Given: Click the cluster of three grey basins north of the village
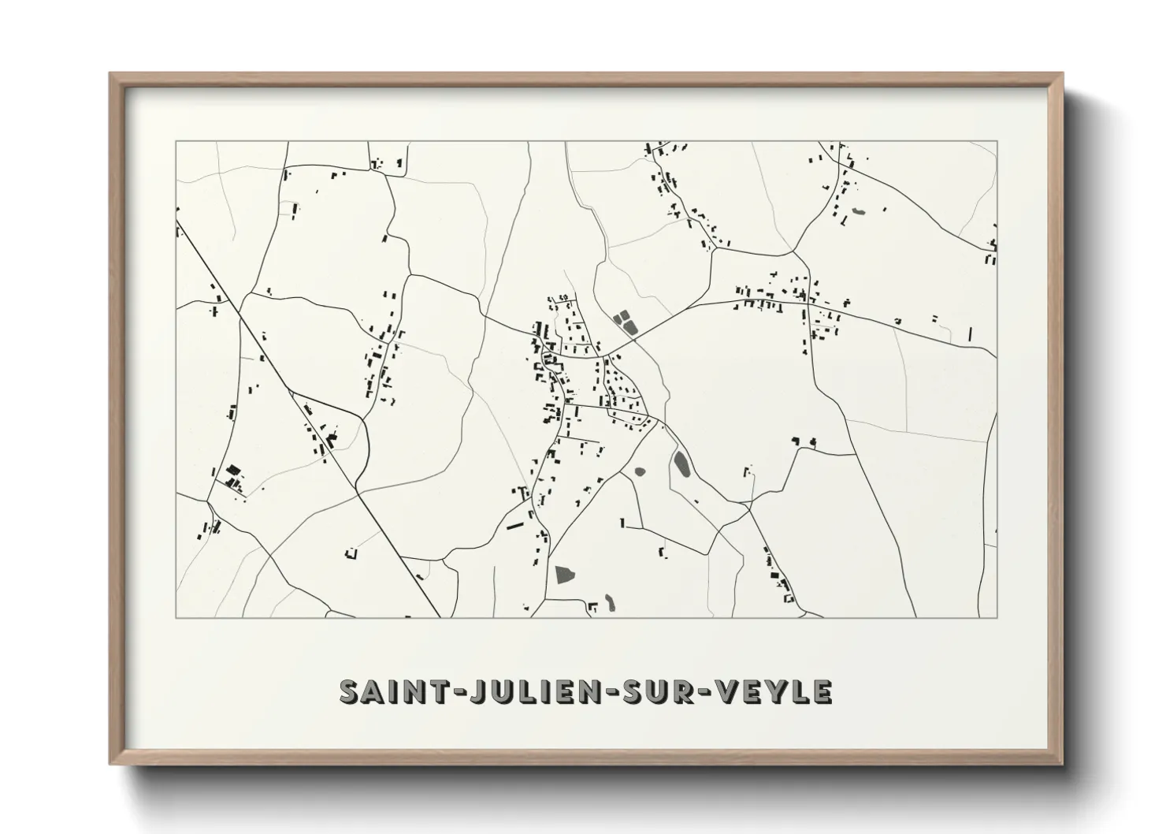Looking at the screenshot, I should coord(625,322).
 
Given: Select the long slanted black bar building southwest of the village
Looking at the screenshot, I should coord(515,523).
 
